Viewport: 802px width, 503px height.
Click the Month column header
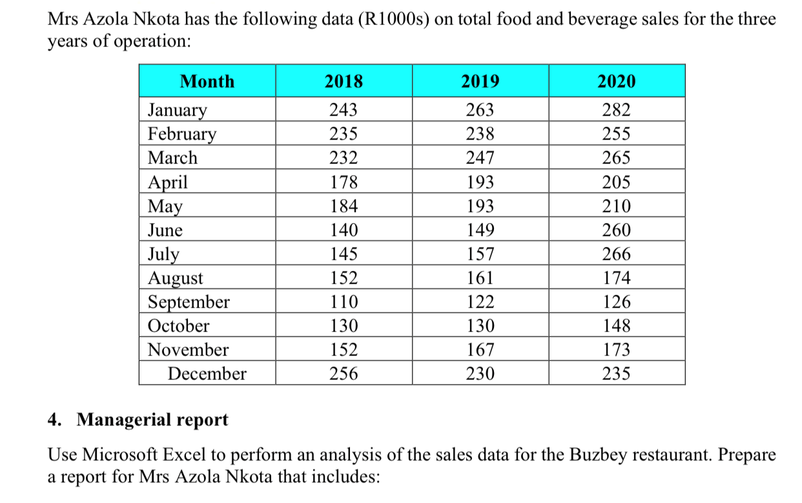[207, 81]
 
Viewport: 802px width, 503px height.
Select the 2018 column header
[344, 81]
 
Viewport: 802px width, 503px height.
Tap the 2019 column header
[480, 81]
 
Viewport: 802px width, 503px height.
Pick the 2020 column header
[617, 81]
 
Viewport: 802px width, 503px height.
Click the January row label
[178, 110]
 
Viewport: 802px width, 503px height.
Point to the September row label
[189, 302]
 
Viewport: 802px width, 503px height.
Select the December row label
[207, 374]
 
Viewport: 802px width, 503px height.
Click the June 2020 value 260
[617, 230]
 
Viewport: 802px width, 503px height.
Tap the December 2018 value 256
[344, 374]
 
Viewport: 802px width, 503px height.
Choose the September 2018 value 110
[344, 302]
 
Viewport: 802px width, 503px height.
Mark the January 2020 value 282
[617, 110]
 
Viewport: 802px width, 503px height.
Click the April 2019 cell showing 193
[480, 182]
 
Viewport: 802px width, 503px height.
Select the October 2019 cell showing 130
[480, 326]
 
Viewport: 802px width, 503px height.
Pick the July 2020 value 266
[617, 254]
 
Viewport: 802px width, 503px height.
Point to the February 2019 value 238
[480, 134]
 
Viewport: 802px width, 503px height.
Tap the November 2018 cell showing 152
[344, 350]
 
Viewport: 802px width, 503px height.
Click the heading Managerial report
[152, 420]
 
